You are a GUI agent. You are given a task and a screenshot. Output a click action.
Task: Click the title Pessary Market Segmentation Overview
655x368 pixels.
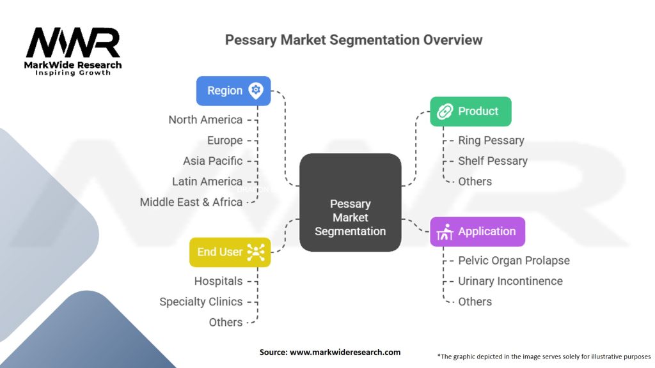click(x=353, y=40)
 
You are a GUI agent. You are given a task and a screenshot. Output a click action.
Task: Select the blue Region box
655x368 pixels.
click(x=233, y=91)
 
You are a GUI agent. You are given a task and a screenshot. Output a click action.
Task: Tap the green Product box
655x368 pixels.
click(x=470, y=111)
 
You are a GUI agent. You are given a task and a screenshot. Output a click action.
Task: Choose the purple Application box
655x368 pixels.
click(x=477, y=231)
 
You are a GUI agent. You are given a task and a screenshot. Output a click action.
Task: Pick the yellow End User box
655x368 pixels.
click(x=230, y=252)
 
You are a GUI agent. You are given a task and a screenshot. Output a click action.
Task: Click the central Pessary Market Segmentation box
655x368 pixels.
click(x=350, y=217)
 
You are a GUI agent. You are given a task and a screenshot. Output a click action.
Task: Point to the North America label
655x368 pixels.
click(x=205, y=119)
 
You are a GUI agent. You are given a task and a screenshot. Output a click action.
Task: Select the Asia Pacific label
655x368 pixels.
click(x=212, y=160)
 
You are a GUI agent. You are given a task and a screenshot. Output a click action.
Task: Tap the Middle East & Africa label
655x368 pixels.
click(x=191, y=202)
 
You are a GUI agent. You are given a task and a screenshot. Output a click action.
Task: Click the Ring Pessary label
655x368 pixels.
click(x=491, y=140)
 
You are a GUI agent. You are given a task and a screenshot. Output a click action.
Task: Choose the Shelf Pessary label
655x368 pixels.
click(x=493, y=160)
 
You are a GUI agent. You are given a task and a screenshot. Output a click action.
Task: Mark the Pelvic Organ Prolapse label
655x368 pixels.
click(x=514, y=260)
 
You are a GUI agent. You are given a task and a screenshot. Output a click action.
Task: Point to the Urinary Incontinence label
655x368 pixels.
click(x=510, y=280)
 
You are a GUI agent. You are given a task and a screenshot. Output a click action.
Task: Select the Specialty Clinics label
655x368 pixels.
click(x=201, y=301)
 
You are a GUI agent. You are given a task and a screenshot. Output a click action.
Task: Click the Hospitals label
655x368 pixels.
click(x=218, y=280)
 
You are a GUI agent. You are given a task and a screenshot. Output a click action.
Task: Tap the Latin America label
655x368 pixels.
click(x=207, y=181)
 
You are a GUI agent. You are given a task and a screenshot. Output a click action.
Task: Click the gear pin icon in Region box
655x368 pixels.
click(x=256, y=90)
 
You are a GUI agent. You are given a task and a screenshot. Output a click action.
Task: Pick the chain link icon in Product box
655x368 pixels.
click(x=444, y=112)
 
